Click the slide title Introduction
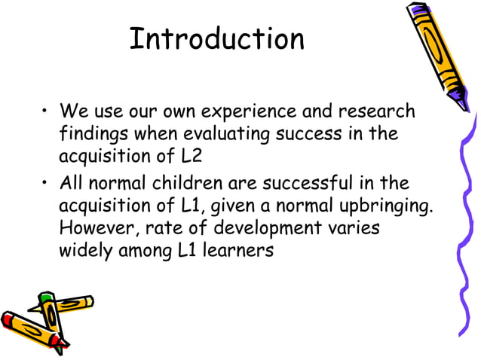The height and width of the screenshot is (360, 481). point(216,38)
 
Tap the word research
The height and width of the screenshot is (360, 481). point(377,113)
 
